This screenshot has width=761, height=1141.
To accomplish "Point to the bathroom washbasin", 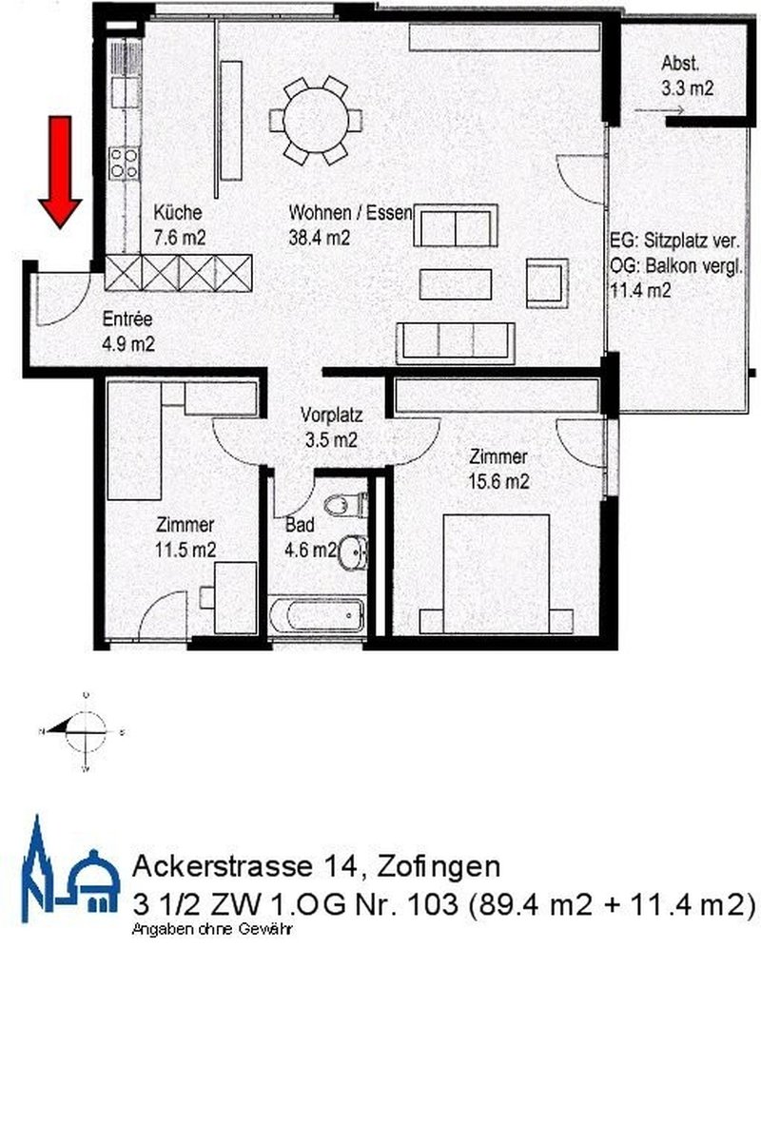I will point(354,551).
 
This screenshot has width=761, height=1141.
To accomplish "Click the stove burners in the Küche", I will point(123,163).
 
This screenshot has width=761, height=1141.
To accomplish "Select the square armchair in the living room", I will point(546,282).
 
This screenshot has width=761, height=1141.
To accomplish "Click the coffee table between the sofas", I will point(456,283).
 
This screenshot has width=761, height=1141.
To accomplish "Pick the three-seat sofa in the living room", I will point(456,342).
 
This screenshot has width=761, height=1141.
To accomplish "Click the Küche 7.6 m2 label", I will point(180,225).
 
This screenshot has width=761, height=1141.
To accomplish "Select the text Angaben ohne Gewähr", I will point(212,929).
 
